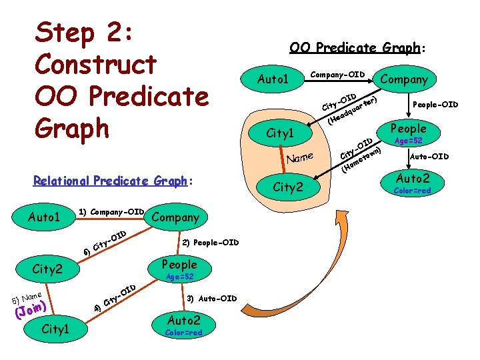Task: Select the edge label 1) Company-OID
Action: click(111, 212)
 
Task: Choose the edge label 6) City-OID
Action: click(105, 243)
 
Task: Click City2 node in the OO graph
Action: click(288, 187)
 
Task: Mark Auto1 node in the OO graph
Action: click(273, 79)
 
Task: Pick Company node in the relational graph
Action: click(175, 217)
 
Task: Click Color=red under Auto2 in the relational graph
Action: click(183, 333)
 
